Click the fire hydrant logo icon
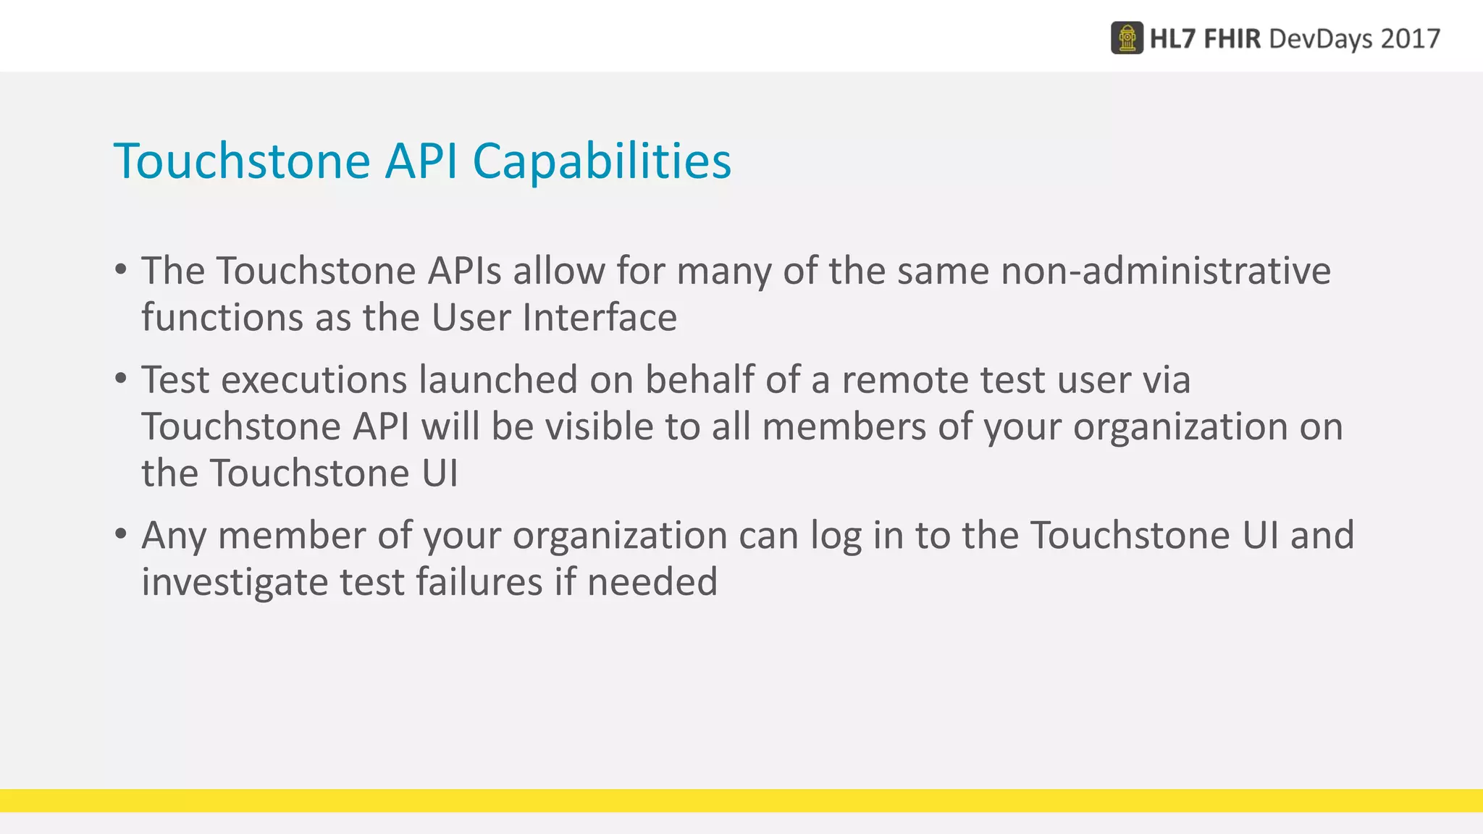pyautogui.click(x=1127, y=38)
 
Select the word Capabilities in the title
pyautogui.click(x=602, y=161)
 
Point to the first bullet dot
pyautogui.click(x=121, y=270)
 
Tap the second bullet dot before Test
pyautogui.click(x=121, y=379)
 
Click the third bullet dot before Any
pyautogui.click(x=121, y=534)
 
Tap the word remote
pyautogui.click(x=905, y=379)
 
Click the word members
pyautogui.click(x=844, y=426)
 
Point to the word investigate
pyautogui.click(x=235, y=582)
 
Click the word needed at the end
pyautogui.click(x=652, y=582)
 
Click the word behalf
pyautogui.click(x=700, y=379)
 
